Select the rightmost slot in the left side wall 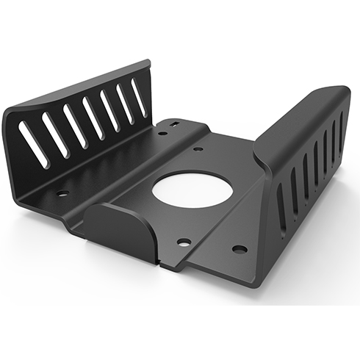pos(138,96)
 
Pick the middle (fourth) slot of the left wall pos(93,118)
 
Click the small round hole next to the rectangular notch pos(162,133)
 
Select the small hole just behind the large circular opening pos(198,149)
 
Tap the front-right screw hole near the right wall pos(240,248)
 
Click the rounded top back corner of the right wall pos(342,91)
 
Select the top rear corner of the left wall pos(148,63)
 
